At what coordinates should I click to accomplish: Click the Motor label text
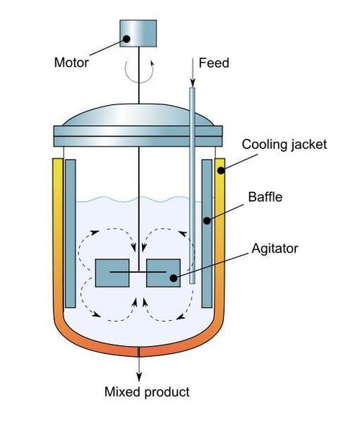pos(71,63)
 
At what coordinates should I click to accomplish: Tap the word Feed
pos(214,63)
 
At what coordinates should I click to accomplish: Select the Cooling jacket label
pos(284,145)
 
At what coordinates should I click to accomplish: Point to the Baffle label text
pos(265,197)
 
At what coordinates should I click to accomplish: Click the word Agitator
pos(274,249)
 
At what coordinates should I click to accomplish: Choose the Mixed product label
pos(147,392)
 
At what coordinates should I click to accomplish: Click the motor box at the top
pos(138,33)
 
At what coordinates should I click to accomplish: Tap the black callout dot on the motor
pos(127,39)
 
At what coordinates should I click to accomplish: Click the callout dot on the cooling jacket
pos(221,170)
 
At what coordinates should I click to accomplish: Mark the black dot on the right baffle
pos(207,221)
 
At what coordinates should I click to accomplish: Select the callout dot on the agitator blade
pos(174,278)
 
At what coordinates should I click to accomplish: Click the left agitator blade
pos(112,273)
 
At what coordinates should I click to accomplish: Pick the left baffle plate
pos(71,233)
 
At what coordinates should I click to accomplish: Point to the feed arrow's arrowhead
pos(192,82)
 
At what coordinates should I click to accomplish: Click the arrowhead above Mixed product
pos(139,377)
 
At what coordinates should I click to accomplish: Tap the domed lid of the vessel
pos(138,115)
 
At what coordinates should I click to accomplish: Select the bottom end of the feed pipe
pos(192,283)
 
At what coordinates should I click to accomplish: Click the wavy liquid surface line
pos(139,199)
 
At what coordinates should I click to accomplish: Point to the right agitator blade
pos(163,273)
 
